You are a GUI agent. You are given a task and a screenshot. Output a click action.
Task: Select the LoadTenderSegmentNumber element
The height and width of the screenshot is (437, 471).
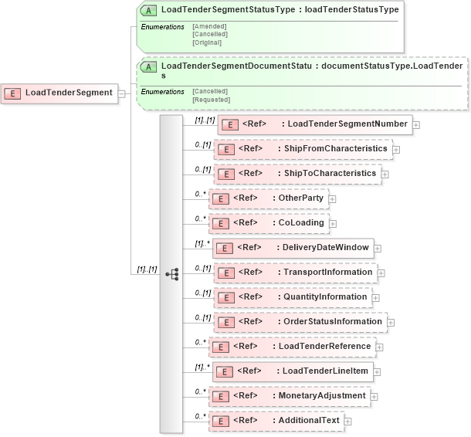(315, 124)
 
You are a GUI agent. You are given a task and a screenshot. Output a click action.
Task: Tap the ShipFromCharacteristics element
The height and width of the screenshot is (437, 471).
(303, 148)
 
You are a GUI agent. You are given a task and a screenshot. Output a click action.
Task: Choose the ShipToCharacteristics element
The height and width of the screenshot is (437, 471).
(298, 173)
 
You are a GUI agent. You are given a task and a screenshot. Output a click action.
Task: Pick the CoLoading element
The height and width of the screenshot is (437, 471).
(269, 222)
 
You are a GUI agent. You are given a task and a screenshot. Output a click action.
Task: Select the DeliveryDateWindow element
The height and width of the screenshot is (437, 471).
(294, 247)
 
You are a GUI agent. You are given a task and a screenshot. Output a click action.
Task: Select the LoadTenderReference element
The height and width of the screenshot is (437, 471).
(293, 346)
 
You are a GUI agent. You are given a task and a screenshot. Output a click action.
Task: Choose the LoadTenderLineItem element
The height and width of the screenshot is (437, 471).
(296, 371)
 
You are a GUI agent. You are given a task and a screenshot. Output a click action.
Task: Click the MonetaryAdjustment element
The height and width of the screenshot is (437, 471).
(290, 395)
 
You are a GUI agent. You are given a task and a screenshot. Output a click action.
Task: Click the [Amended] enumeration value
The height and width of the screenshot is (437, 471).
(209, 26)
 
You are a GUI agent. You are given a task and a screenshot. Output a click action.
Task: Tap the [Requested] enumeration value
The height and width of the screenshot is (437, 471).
(211, 99)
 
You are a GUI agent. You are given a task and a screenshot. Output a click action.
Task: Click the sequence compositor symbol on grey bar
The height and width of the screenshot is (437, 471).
(171, 273)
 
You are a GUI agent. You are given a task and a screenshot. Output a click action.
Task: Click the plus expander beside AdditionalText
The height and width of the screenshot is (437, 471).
(348, 421)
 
